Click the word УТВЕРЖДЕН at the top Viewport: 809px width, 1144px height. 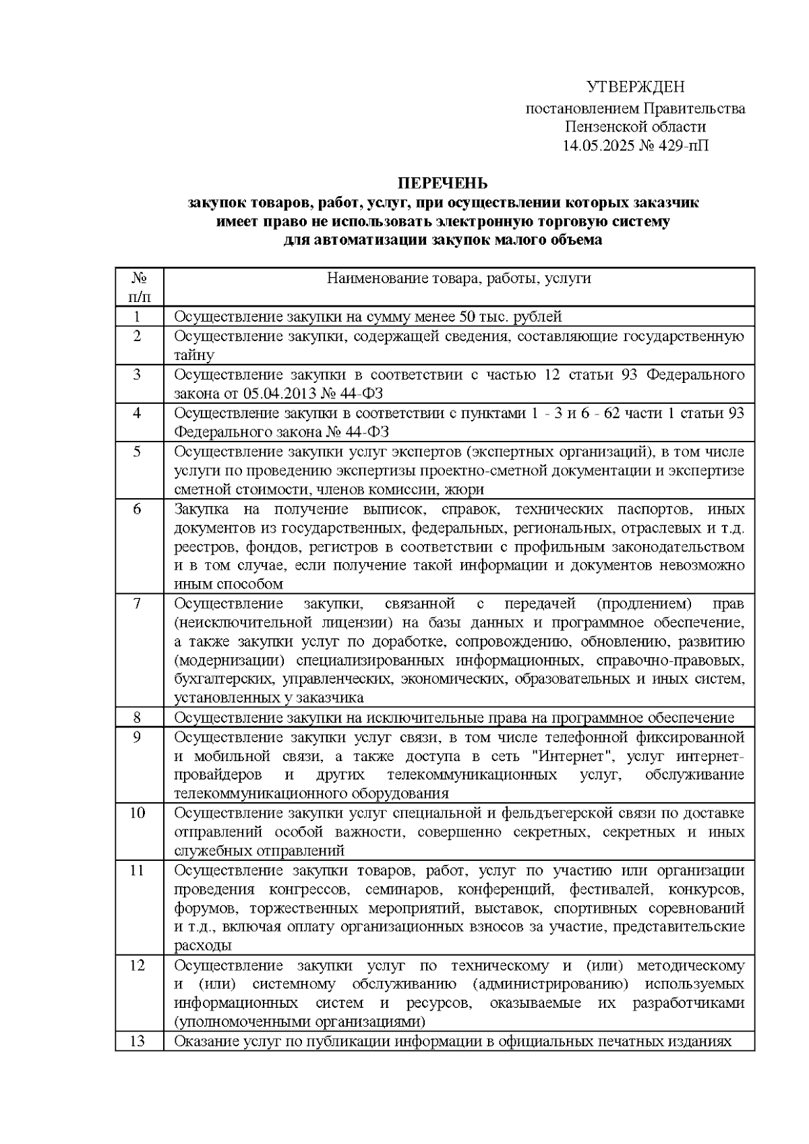[635, 87]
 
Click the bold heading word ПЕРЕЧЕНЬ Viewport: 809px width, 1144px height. [442, 183]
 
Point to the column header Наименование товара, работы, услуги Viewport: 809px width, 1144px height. [458, 278]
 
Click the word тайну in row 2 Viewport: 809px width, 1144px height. [194, 355]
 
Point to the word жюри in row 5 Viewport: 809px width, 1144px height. [467, 489]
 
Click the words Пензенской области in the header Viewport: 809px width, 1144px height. [636, 127]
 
